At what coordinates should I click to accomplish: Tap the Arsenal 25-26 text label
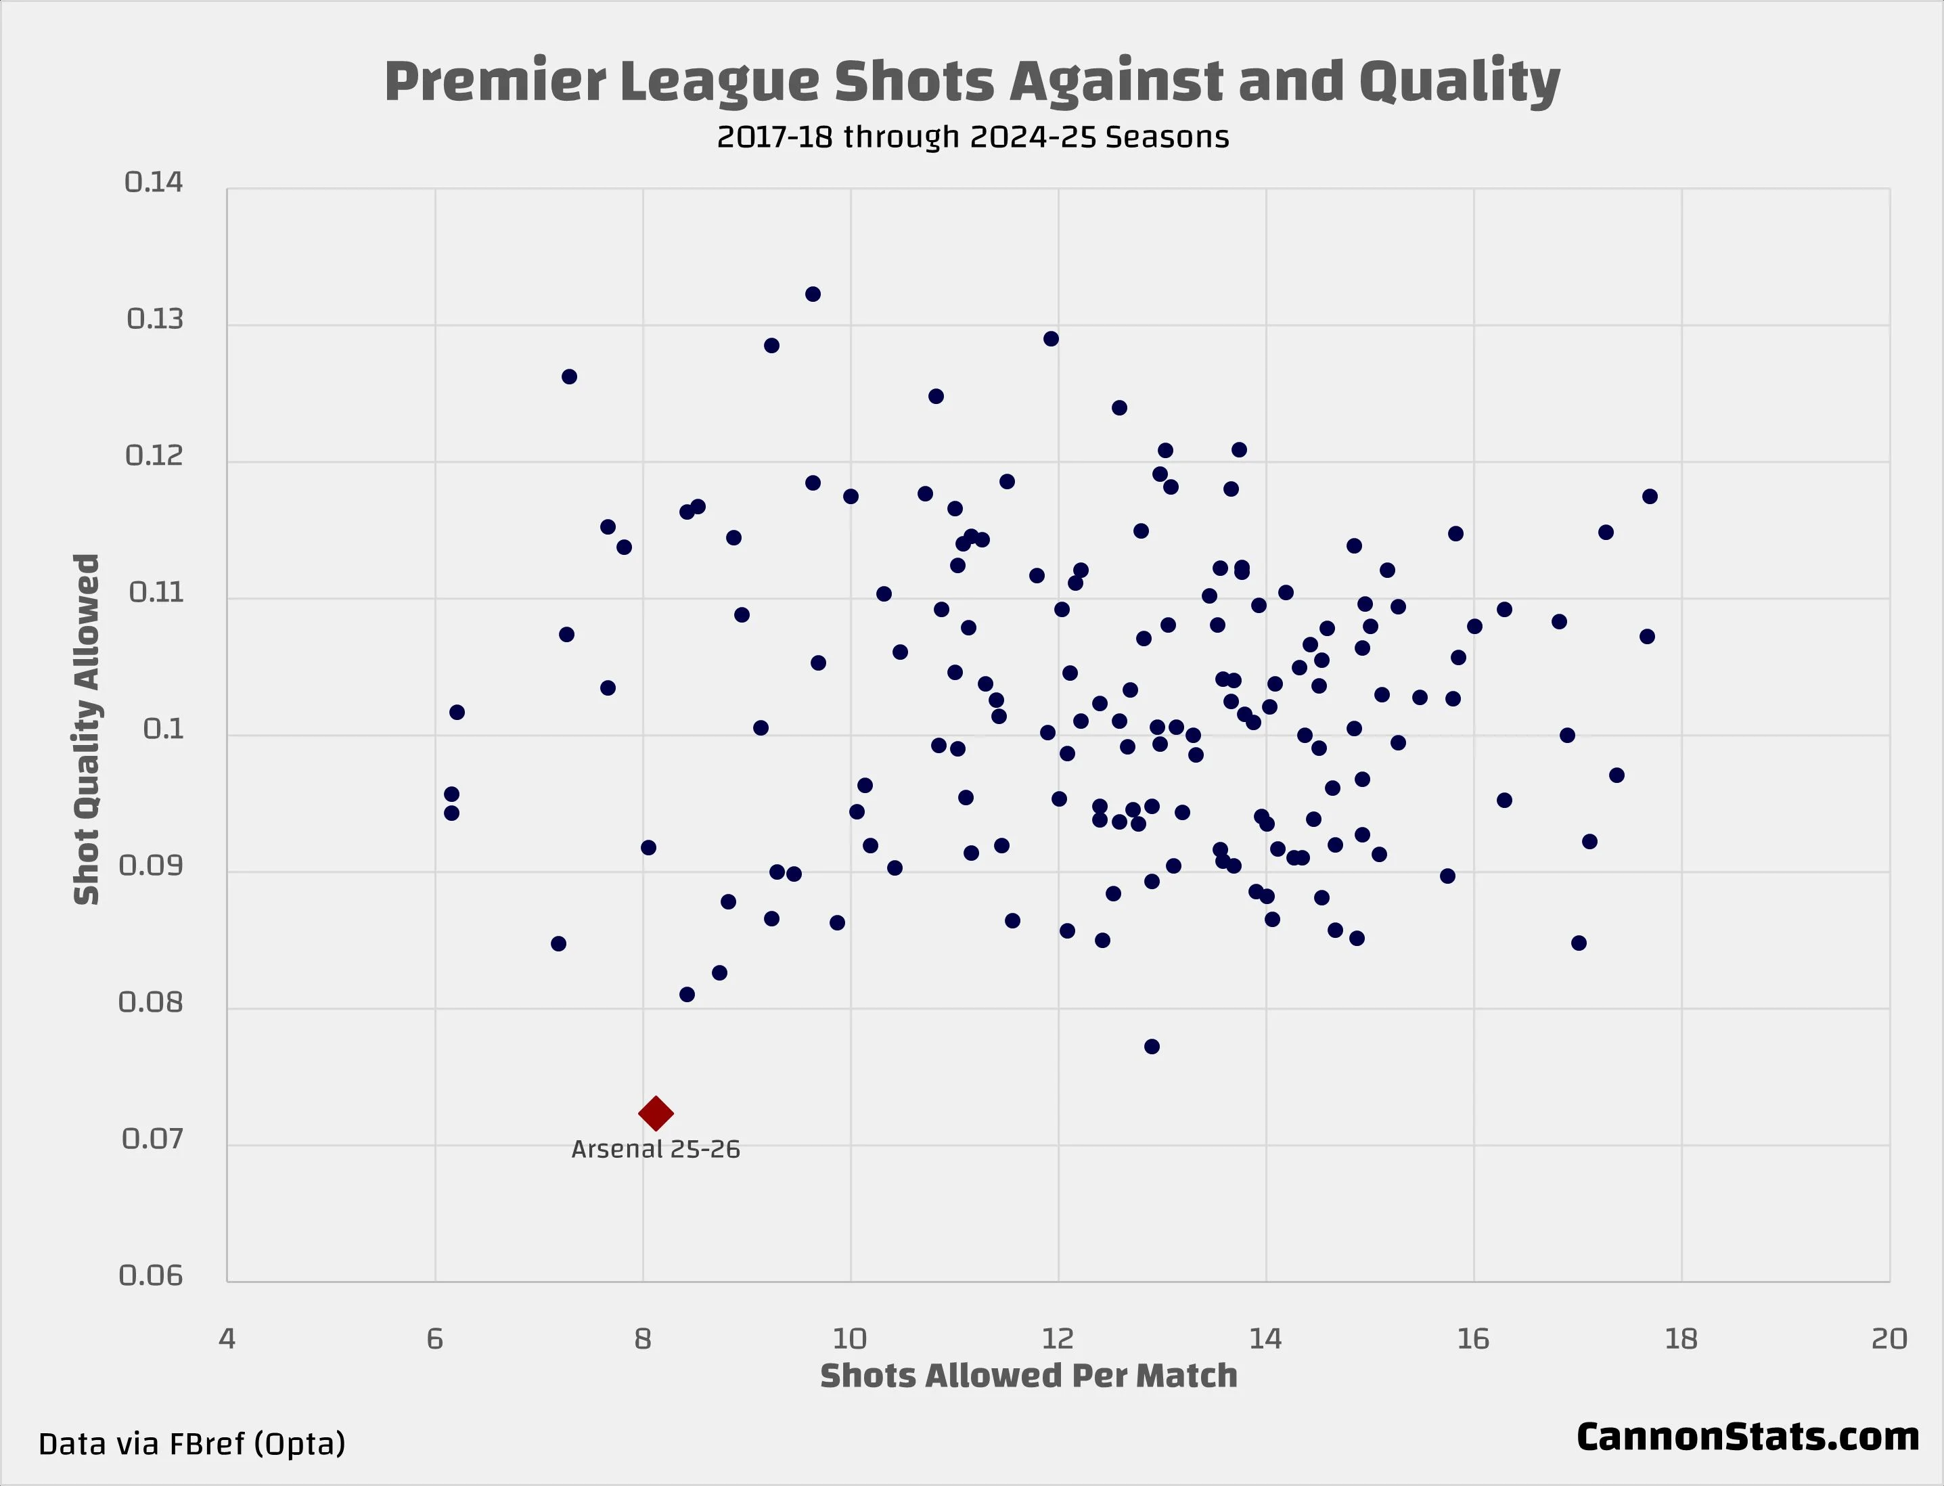[656, 1149]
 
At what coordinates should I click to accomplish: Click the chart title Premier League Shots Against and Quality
[971, 81]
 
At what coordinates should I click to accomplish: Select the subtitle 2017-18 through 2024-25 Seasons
[972, 137]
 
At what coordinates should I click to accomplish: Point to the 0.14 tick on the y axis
[154, 182]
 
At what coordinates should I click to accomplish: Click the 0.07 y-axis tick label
[152, 1138]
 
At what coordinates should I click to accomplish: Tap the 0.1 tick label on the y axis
[164, 729]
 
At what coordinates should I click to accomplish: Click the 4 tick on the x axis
[227, 1339]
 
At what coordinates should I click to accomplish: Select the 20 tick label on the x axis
[1889, 1339]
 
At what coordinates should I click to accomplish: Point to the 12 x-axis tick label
[1058, 1339]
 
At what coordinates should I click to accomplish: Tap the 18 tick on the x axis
[1680, 1339]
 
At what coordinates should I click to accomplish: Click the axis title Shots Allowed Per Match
[1028, 1376]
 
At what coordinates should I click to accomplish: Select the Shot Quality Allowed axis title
[87, 729]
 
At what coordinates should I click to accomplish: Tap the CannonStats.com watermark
[1747, 1437]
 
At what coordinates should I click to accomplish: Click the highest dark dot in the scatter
[813, 294]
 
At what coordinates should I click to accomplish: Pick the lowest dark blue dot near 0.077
[1152, 1046]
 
